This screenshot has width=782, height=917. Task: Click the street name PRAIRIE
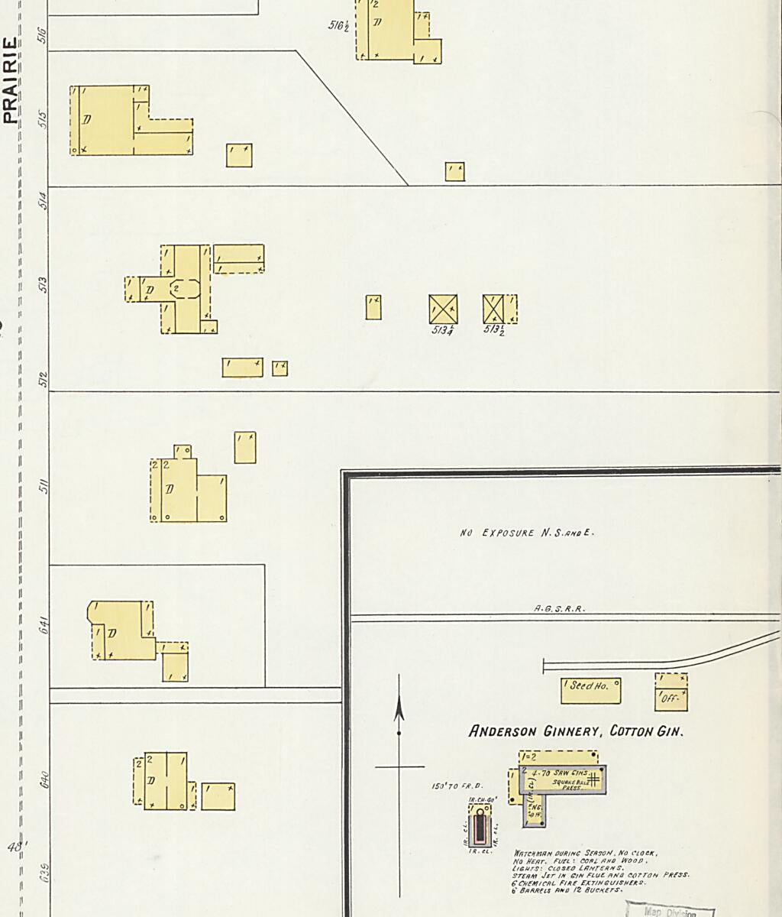10,79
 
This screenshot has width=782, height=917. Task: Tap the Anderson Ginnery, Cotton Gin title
576,731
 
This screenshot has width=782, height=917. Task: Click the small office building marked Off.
671,692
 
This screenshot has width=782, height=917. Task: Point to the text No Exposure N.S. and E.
526,533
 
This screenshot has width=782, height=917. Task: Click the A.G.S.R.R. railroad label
559,608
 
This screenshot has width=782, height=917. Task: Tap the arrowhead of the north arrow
398,710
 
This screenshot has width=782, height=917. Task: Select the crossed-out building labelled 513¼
443,309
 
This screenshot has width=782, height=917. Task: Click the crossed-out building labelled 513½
495,309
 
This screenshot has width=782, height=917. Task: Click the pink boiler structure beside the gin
480,825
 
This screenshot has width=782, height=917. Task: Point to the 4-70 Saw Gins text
561,773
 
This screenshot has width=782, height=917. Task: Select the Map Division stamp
670,911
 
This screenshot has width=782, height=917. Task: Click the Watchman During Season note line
585,853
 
